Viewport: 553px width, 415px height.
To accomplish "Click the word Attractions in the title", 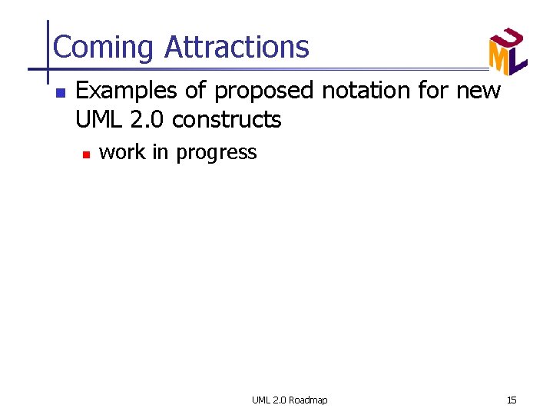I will coord(237,48).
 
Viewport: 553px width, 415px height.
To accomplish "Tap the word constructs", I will coord(227,120).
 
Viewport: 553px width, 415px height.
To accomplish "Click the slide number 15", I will coord(512,400).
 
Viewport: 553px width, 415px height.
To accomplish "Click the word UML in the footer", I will coord(261,400).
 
